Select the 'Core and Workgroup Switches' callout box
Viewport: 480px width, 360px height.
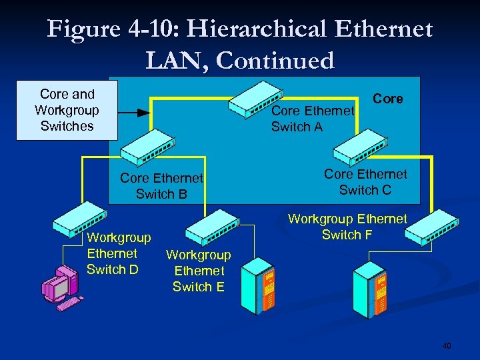pyautogui.click(x=67, y=110)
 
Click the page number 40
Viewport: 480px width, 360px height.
pyautogui.click(x=447, y=346)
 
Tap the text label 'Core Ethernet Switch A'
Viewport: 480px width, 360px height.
pyautogui.click(x=312, y=119)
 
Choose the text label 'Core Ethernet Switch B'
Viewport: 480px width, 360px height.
pyautogui.click(x=161, y=186)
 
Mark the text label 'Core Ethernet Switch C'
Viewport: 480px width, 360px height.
pyautogui.click(x=365, y=182)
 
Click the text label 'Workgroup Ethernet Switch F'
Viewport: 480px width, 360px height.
pyautogui.click(x=347, y=227)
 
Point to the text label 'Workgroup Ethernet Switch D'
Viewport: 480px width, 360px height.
pyautogui.click(x=119, y=253)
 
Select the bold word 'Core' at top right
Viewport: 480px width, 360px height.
pyautogui.click(x=388, y=99)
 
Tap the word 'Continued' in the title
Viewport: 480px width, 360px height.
pyautogui.click(x=275, y=61)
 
